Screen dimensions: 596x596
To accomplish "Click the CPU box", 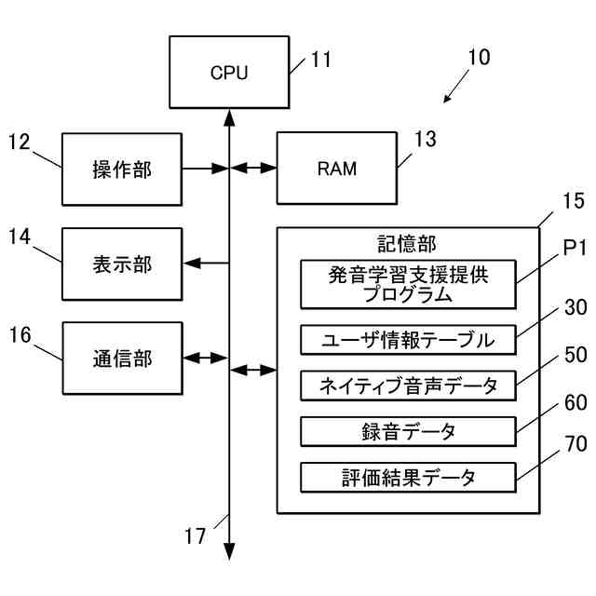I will [x=229, y=72].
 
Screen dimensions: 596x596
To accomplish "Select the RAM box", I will [x=337, y=169].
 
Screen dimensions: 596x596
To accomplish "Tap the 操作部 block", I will [x=121, y=169].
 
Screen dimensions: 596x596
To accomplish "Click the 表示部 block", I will [x=121, y=264].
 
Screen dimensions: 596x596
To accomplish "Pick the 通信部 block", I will [x=121, y=358].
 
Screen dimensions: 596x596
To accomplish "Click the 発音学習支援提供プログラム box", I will [x=408, y=284].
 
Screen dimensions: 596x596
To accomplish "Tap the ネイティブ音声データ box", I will [x=408, y=385].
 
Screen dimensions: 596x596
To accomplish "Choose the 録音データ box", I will [x=408, y=431].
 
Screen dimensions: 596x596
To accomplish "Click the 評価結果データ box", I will [x=408, y=478].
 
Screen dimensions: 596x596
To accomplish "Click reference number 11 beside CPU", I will [x=320, y=61].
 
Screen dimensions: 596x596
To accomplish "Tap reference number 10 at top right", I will [x=478, y=57].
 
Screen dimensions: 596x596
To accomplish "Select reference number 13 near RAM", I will [x=425, y=140].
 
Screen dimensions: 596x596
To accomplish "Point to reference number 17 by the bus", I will [x=195, y=536].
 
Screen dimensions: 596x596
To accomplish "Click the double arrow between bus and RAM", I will [x=253, y=169].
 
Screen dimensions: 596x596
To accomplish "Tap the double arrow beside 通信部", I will [x=206, y=358].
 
